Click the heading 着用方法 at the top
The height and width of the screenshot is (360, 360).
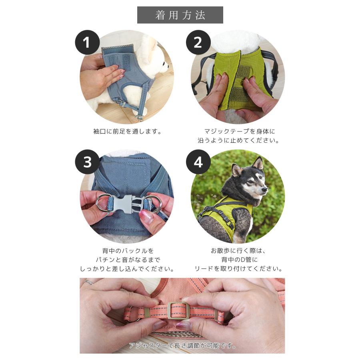(180, 15)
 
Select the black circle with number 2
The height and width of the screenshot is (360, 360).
(198, 42)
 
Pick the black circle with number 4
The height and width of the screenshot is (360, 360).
(198, 162)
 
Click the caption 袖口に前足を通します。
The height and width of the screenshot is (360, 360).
(127, 131)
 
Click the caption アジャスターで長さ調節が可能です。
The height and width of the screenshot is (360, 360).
(182, 345)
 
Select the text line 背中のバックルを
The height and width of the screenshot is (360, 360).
(127, 251)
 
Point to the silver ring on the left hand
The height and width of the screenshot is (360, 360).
(88, 282)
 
